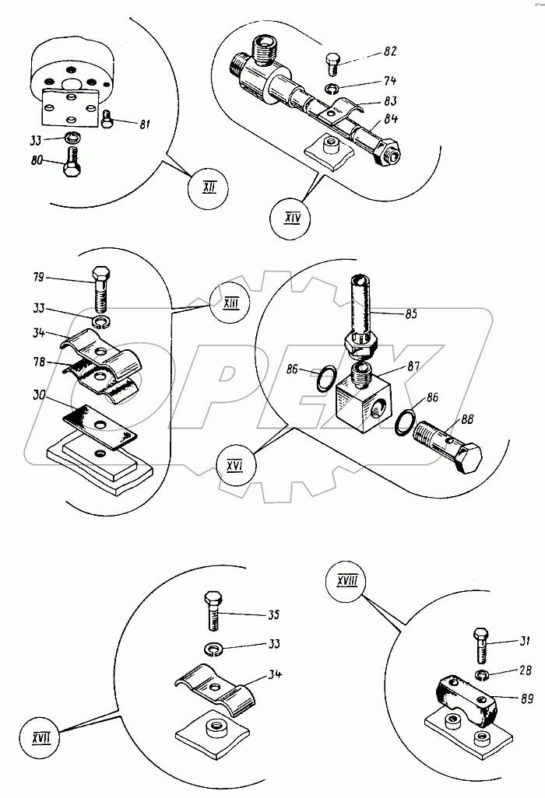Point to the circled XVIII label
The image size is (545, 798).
coord(347,581)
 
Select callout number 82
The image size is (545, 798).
coord(389,51)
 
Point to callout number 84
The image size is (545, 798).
coord(389,119)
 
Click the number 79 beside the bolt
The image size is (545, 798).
coord(38,277)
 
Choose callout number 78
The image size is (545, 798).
coord(38,361)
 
